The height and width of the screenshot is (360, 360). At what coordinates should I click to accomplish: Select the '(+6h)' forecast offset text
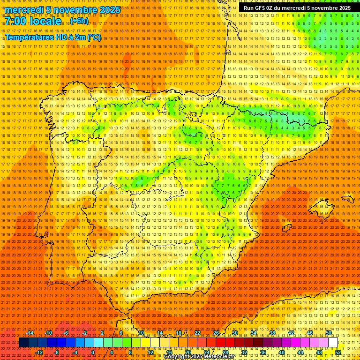tap(78, 22)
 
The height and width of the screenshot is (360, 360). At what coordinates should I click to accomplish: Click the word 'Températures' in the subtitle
tap(29, 37)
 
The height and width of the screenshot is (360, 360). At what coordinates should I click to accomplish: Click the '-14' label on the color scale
tap(30, 333)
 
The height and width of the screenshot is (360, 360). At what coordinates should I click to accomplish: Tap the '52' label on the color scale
tap(338, 352)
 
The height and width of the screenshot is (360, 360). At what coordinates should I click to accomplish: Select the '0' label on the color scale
tap(93, 352)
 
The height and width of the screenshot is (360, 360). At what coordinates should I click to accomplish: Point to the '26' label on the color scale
tap(216, 333)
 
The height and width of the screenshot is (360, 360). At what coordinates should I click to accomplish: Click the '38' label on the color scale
tap(272, 333)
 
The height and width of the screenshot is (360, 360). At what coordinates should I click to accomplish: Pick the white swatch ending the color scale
tap(333, 343)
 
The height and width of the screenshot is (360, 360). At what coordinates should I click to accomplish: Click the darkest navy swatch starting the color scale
tap(23, 343)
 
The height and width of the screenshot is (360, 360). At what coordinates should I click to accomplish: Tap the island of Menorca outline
tap(347, 199)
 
